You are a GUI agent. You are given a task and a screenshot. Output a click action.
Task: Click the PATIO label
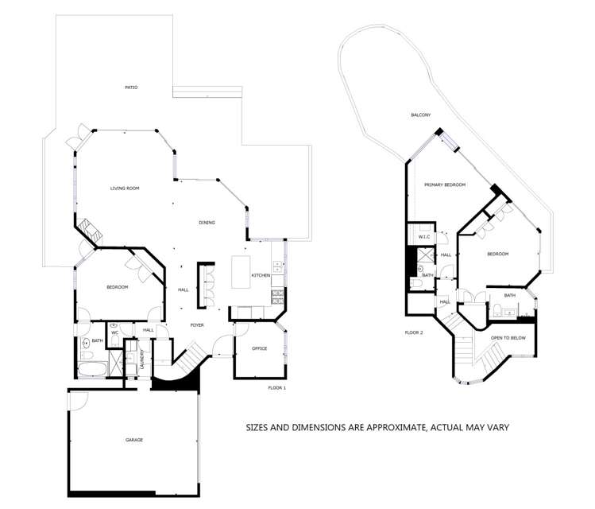(x=131, y=87)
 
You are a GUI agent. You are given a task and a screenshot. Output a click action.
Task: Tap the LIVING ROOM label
(x=125, y=188)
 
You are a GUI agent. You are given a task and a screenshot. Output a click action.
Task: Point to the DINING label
(x=207, y=223)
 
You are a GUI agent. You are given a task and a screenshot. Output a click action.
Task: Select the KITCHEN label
(x=261, y=275)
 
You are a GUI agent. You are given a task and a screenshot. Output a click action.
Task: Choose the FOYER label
(x=197, y=325)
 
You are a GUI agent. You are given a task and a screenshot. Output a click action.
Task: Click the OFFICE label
(x=259, y=348)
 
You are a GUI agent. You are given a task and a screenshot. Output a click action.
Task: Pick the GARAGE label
(x=133, y=440)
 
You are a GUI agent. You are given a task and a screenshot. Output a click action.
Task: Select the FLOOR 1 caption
(x=277, y=387)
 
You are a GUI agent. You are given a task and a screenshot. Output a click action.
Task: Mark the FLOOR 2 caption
(x=413, y=332)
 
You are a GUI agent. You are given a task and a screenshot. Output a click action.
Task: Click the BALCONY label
(x=420, y=115)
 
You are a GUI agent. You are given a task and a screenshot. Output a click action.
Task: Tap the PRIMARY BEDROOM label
(x=444, y=185)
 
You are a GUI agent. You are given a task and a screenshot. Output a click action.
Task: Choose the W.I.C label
(x=423, y=236)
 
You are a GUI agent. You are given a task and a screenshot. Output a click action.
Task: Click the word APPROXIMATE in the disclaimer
(x=386, y=427)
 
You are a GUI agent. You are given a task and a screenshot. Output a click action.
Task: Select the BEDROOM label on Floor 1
(x=117, y=287)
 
